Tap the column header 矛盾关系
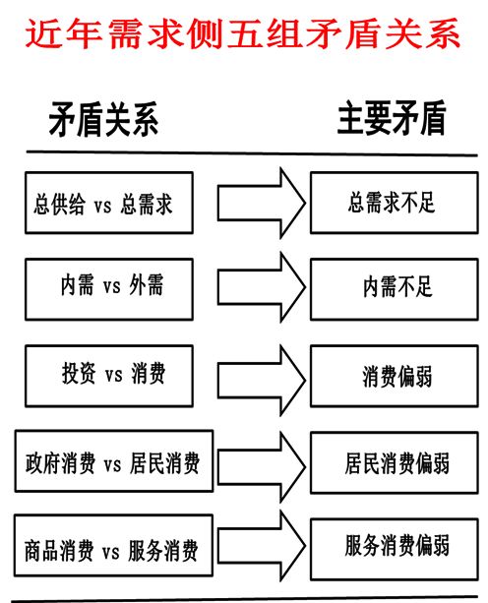[x=103, y=119]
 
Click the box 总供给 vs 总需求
[x=107, y=204]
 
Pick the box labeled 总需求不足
[x=391, y=203]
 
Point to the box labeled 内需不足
[x=391, y=287]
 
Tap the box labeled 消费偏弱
[x=391, y=375]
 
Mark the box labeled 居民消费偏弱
[x=391, y=461]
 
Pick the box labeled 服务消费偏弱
[x=391, y=545]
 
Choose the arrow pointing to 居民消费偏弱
[x=259, y=459]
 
